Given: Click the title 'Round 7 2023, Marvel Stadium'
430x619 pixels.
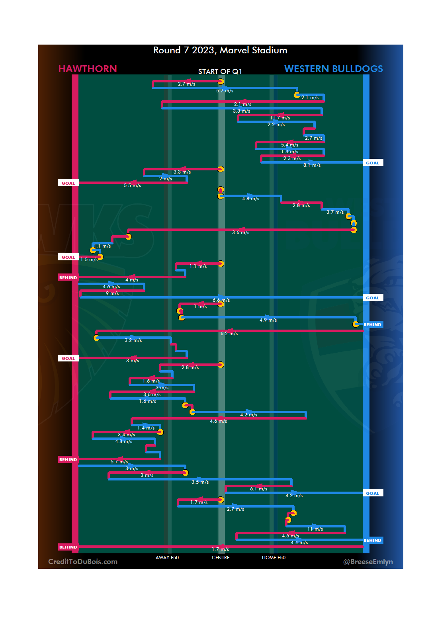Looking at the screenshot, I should click(x=220, y=51).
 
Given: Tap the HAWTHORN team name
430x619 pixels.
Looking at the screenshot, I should click(x=88, y=69).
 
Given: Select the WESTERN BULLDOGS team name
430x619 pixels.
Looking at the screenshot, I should click(x=334, y=69).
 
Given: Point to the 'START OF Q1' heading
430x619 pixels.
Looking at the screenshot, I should click(x=220, y=72).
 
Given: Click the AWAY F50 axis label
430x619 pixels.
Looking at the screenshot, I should click(x=167, y=558).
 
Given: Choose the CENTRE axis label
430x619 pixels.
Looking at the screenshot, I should click(x=221, y=558).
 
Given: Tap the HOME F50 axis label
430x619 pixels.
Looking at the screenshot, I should click(x=274, y=558).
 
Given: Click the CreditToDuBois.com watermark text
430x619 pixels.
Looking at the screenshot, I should click(x=83, y=562).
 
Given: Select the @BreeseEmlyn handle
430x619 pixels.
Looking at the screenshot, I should click(x=368, y=562).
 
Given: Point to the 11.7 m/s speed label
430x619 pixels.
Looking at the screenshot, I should click(x=280, y=118).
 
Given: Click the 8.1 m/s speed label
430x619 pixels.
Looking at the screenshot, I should click(x=312, y=165).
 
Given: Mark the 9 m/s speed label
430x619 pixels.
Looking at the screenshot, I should click(x=112, y=293).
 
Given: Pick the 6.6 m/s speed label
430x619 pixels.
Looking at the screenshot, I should click(x=221, y=300).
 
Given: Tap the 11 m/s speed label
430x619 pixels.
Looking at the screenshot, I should click(x=315, y=529).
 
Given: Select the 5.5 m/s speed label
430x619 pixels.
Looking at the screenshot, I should click(x=132, y=186).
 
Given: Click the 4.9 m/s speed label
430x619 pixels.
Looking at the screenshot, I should click(x=268, y=320).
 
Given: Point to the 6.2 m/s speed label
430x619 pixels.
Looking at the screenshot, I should click(x=229, y=334).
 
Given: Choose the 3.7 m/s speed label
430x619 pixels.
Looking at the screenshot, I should click(x=335, y=212).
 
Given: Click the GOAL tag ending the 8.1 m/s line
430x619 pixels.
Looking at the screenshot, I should click(x=373, y=163).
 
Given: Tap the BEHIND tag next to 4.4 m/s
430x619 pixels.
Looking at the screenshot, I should click(x=373, y=541).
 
